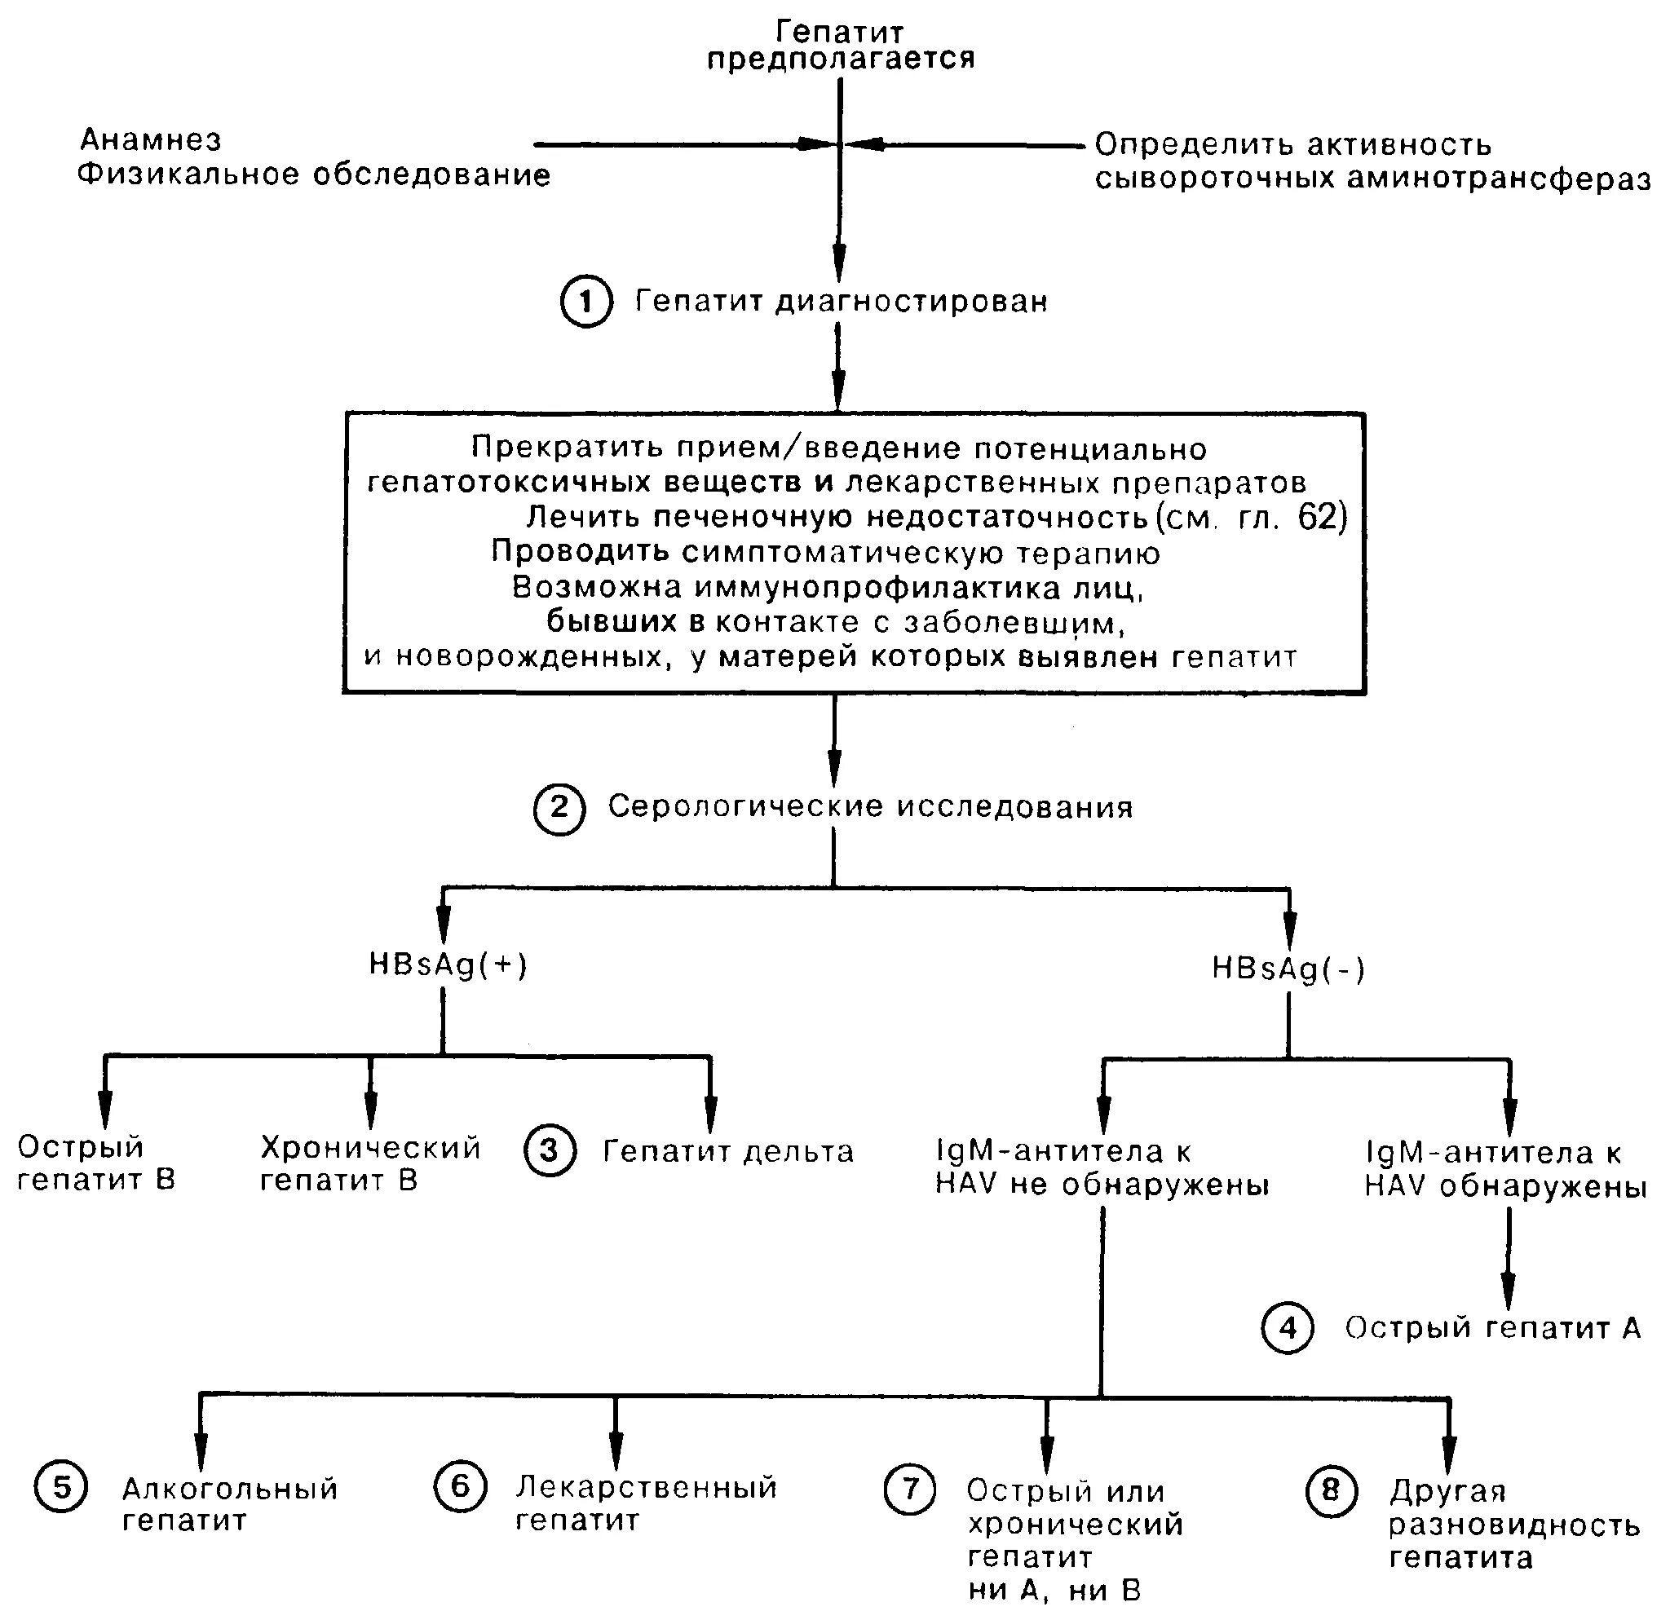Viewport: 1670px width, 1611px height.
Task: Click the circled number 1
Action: click(586, 302)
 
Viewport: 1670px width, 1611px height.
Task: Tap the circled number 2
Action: click(559, 808)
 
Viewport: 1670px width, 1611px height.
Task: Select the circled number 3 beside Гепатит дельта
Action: click(550, 1151)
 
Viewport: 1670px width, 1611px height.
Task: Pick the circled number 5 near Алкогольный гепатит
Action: click(60, 1486)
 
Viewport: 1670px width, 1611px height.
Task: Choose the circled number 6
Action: click(460, 1486)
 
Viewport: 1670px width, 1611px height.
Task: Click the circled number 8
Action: click(1330, 1490)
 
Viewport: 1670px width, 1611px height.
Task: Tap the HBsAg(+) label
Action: click(448, 964)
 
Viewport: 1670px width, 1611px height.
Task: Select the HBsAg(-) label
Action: click(1288, 969)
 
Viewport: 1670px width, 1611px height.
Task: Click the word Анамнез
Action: click(151, 139)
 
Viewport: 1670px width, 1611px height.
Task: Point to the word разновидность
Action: click(1514, 1524)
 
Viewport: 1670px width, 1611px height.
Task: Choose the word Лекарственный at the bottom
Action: click(647, 1486)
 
